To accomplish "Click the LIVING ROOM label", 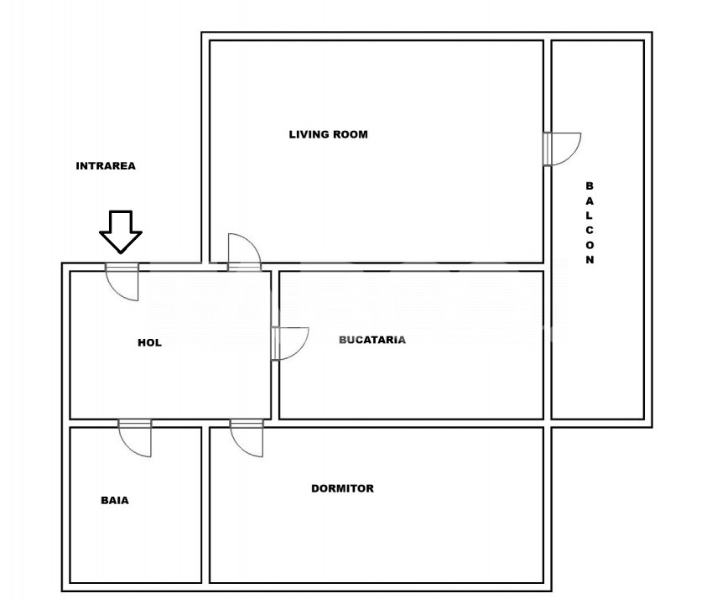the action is coord(329,134).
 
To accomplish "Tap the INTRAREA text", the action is coord(106,166).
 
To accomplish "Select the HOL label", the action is coord(149,343).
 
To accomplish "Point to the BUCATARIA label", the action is coord(372,340).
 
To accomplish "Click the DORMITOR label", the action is coord(342,489).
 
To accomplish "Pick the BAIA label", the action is coord(115,501).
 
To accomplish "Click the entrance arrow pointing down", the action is coord(121,232).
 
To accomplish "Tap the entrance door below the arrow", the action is coord(122,282).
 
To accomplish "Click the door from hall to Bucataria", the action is coord(290,344).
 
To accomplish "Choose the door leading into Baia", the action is coord(135,438).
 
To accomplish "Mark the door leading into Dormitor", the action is coord(247,438).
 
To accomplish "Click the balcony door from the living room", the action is coord(562,149).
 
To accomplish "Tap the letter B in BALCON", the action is coord(590,186).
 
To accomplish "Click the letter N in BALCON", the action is coord(590,260).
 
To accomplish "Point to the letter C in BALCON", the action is coord(590,230).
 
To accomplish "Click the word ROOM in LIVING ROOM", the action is coord(350,134).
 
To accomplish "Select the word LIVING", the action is coord(309,134).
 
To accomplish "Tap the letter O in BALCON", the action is coord(590,245).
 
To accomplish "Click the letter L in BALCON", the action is coord(590,216).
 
